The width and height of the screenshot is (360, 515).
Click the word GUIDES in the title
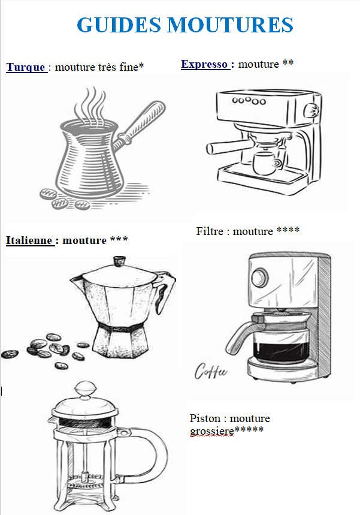tap(119, 25)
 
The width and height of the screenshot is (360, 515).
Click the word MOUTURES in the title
tap(230, 25)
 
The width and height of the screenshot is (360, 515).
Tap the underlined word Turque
tap(26, 67)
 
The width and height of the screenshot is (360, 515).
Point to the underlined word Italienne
tap(29, 240)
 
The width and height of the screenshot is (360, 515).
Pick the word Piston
tap(205, 418)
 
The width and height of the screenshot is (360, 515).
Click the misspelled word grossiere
tap(212, 431)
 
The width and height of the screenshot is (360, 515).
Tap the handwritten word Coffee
tap(210, 371)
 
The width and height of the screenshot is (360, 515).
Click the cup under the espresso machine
tap(265, 162)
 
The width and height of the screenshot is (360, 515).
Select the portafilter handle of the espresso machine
tap(226, 146)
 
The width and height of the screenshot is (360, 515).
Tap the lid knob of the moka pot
tap(119, 261)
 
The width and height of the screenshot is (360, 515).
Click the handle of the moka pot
tap(166, 294)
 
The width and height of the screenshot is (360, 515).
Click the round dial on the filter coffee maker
tap(260, 276)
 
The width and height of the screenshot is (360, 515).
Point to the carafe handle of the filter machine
tap(241, 335)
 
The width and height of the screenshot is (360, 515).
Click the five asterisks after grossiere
tap(249, 430)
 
